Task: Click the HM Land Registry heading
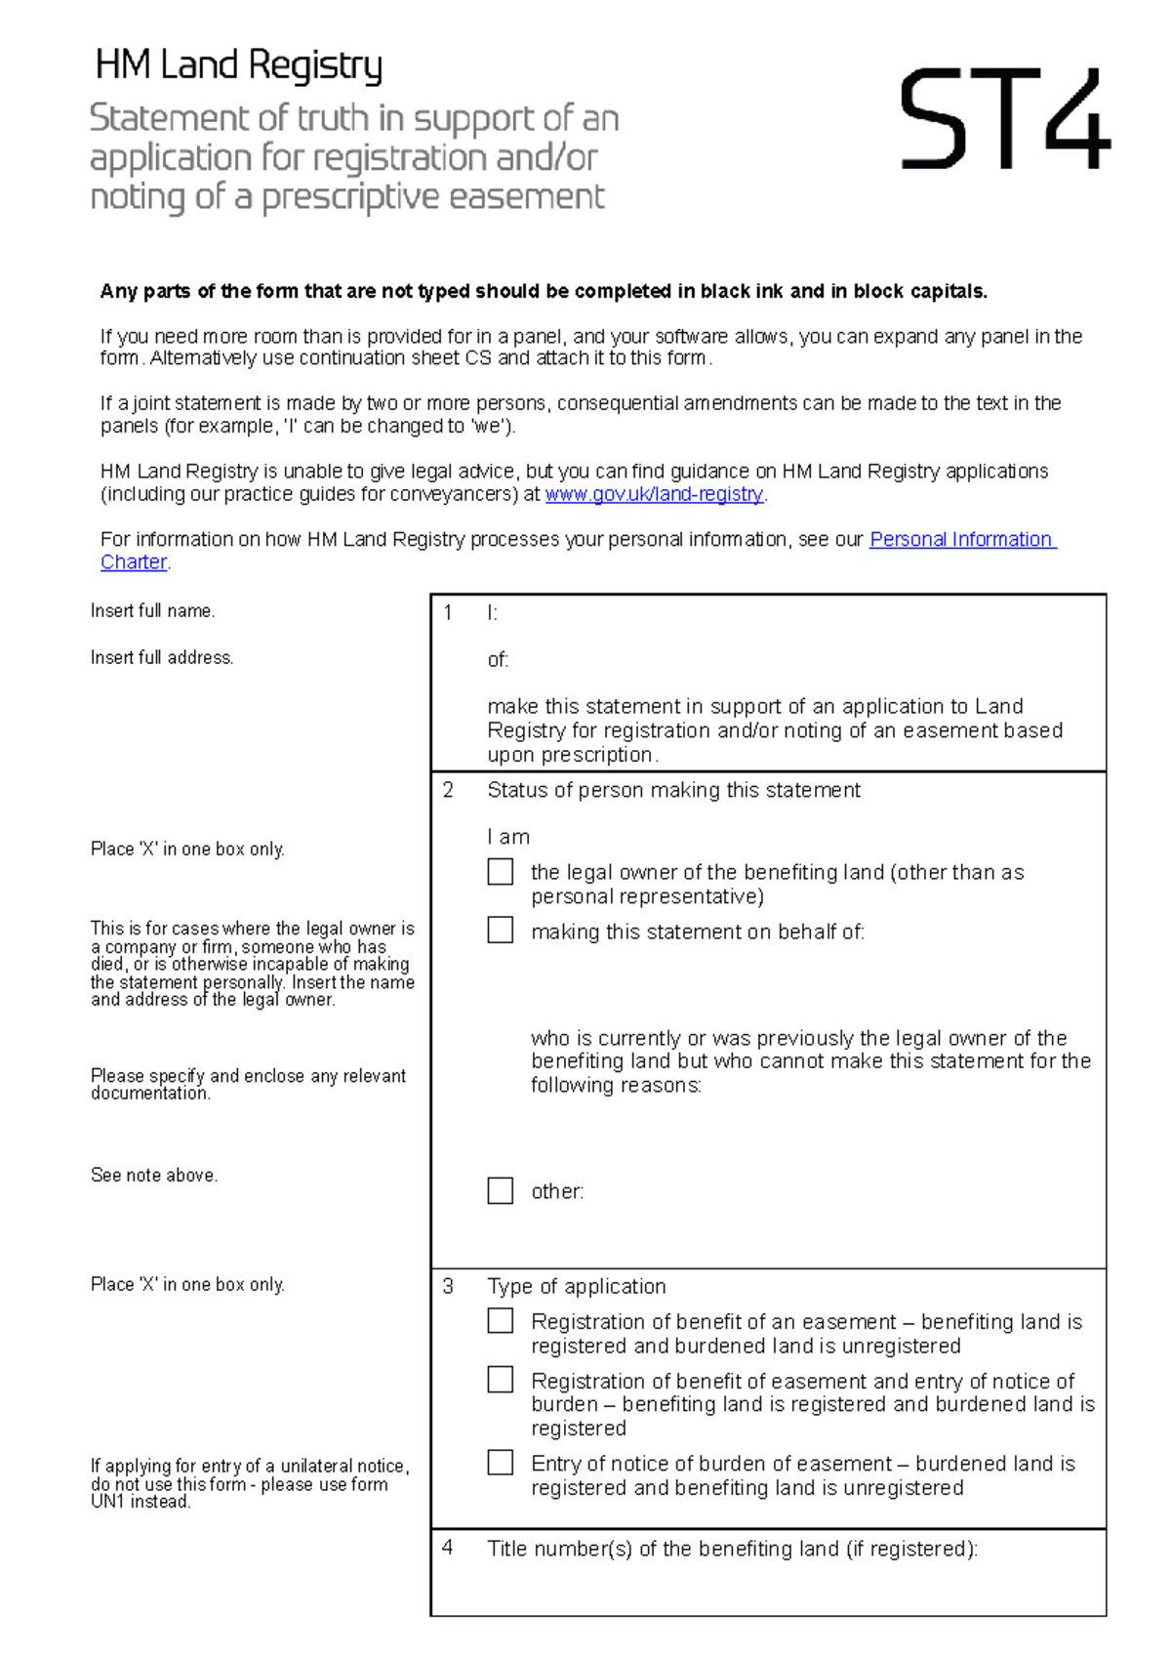tap(238, 65)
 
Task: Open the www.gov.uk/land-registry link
tap(654, 494)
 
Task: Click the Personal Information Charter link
tap(962, 539)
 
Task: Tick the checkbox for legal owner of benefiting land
tap(501, 871)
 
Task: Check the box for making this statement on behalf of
tap(501, 930)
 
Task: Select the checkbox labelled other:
tap(501, 1189)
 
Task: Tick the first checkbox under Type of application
tap(501, 1320)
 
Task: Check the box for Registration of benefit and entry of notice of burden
tap(501, 1379)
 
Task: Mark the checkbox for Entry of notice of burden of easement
tap(501, 1462)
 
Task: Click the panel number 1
tap(448, 613)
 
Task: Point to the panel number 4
tap(448, 1548)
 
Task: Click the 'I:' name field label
tap(492, 613)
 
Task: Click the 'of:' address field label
tap(498, 660)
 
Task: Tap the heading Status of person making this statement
tap(673, 790)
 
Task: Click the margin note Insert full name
tap(152, 611)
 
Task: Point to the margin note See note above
tap(153, 1176)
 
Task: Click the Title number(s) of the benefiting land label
tap(732, 1549)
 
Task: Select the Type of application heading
tap(576, 1286)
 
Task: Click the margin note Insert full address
tap(162, 658)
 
